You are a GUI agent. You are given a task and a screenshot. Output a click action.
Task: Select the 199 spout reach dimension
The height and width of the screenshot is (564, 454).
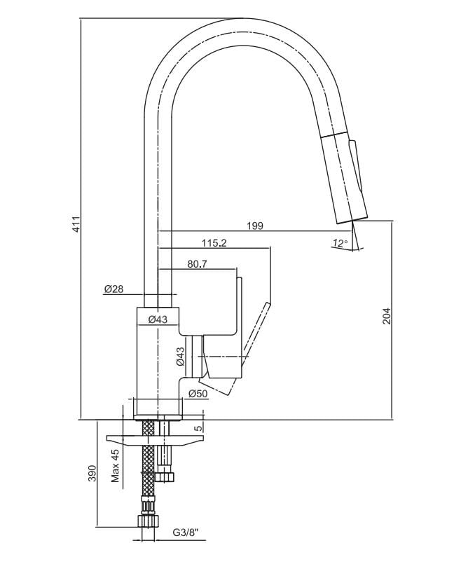tap(255, 226)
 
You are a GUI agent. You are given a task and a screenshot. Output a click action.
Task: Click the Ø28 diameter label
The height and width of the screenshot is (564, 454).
tap(113, 289)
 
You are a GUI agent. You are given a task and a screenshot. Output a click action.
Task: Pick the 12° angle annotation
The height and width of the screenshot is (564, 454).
tap(340, 243)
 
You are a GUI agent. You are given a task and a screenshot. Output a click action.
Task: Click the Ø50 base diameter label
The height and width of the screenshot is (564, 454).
tap(198, 394)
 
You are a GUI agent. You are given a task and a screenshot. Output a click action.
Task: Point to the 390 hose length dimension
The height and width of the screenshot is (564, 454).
tap(92, 474)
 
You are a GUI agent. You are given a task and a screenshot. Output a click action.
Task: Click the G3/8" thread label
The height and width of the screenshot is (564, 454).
tap(186, 532)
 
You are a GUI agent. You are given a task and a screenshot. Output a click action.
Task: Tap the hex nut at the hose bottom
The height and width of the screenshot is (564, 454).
tap(149, 522)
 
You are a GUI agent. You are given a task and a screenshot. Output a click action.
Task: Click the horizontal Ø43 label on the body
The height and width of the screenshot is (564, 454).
tap(158, 319)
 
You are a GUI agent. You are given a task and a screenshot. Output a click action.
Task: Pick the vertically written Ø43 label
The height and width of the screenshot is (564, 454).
tap(180, 358)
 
